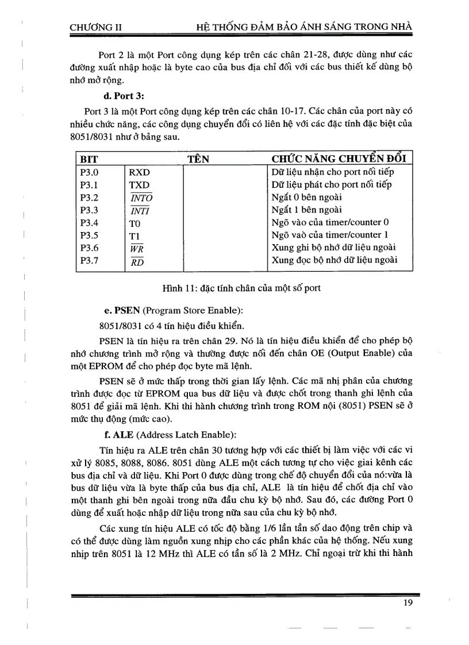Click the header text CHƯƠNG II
click(95, 26)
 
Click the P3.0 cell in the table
click(90, 172)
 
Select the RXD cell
click(139, 172)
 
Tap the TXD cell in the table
click(139, 185)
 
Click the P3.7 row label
click(90, 261)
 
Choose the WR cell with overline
click(136, 248)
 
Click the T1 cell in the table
click(134, 235)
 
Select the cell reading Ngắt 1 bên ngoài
click(306, 210)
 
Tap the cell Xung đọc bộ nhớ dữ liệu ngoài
click(334, 260)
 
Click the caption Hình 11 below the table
click(241, 288)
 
